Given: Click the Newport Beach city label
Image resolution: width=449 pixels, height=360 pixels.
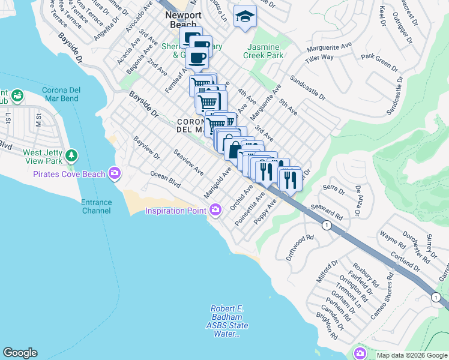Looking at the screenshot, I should tap(181, 20).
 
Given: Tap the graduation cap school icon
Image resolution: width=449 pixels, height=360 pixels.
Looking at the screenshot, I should tap(244, 16).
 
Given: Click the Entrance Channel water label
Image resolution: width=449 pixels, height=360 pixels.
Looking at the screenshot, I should tap(96, 206).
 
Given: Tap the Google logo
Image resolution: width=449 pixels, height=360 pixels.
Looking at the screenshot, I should tap(20, 353).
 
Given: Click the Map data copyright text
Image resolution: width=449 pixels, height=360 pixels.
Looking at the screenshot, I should tap(411, 355).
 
